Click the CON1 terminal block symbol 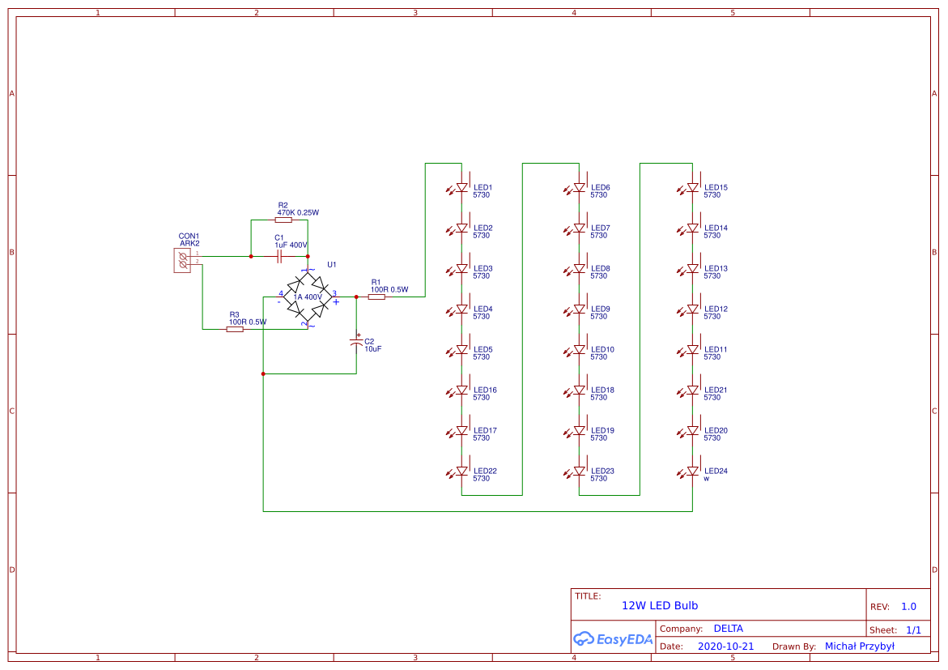(x=182, y=260)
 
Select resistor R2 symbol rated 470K (x=283, y=220)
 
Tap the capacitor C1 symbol (x=279, y=256)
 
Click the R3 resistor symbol (x=235, y=329)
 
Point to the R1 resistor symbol (x=376, y=297)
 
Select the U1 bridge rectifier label (x=331, y=265)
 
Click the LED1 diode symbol (x=462, y=187)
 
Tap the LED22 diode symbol (x=462, y=471)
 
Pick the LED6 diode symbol (x=580, y=187)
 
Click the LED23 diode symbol (x=580, y=471)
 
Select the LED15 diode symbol (x=693, y=187)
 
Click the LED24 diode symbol (x=693, y=471)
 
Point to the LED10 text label (x=602, y=349)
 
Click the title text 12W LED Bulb (x=659, y=605)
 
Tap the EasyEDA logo (x=613, y=638)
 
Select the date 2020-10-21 (x=725, y=647)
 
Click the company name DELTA (x=728, y=628)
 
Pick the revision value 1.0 (x=908, y=606)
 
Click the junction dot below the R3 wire (x=263, y=373)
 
